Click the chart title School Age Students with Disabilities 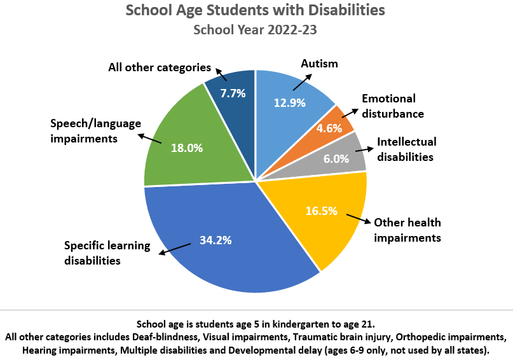[x=256, y=11]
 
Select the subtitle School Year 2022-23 [x=256, y=30]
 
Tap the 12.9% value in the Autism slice [x=290, y=102]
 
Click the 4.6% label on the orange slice [x=329, y=127]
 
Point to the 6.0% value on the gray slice [x=336, y=159]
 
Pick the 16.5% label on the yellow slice [x=321, y=211]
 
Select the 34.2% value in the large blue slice [x=215, y=240]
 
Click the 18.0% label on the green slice [x=187, y=148]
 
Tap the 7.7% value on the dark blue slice [x=233, y=93]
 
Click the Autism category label [x=319, y=64]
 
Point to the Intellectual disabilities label [x=407, y=149]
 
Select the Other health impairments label [x=407, y=230]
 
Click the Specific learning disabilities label [x=107, y=253]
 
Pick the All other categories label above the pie [x=159, y=67]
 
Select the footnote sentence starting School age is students [x=256, y=323]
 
